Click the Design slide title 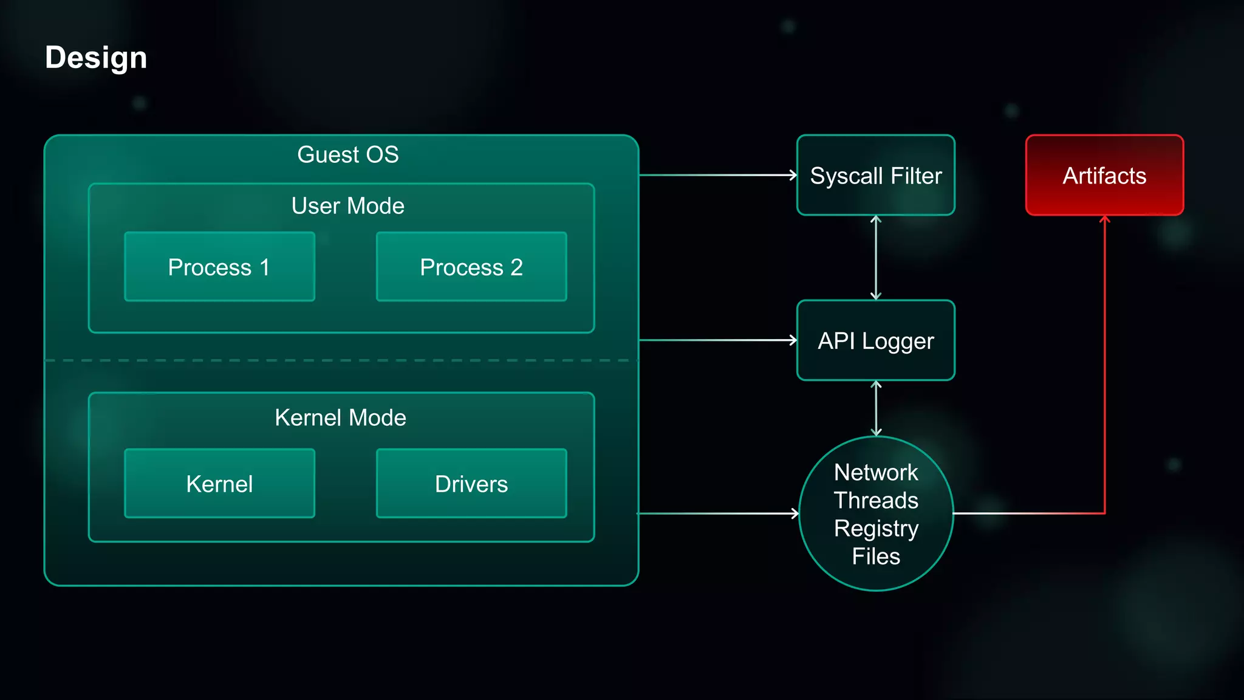click(x=96, y=58)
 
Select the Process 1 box click(x=219, y=267)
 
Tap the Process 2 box click(x=471, y=267)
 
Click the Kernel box click(x=219, y=484)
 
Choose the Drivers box click(x=471, y=484)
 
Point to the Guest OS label click(x=347, y=154)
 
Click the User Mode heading click(x=347, y=206)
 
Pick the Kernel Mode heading click(x=340, y=417)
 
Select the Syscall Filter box click(x=875, y=176)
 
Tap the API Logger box click(x=875, y=340)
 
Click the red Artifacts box click(x=1104, y=176)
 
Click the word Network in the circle click(x=876, y=472)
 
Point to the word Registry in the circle click(x=876, y=529)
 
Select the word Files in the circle click(x=876, y=557)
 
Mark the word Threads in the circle click(x=876, y=500)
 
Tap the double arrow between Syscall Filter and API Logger click(x=875, y=258)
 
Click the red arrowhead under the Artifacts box click(x=1104, y=219)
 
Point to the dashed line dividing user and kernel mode click(x=340, y=360)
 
